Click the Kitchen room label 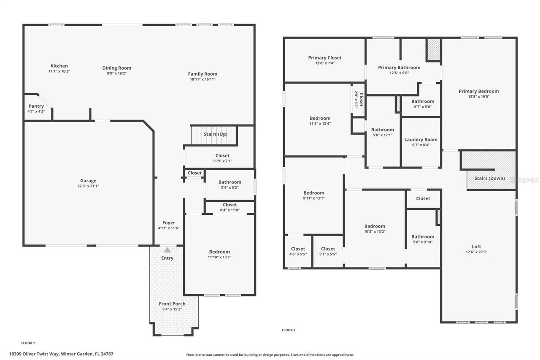(59, 66)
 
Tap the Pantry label (36, 106)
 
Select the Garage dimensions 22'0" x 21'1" (89, 186)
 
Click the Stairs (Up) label (216, 134)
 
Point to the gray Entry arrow (167, 250)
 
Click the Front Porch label (172, 304)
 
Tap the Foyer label (169, 223)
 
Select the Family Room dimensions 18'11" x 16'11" (202, 79)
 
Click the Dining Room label (117, 68)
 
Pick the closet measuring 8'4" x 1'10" (229, 207)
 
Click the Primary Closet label (325, 58)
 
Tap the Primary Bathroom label (399, 68)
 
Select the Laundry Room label (421, 140)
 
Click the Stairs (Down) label (489, 178)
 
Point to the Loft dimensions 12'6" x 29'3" (476, 252)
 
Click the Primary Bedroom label (479, 91)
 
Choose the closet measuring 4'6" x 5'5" (298, 252)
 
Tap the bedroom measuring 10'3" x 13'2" (375, 229)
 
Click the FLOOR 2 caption (289, 330)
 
